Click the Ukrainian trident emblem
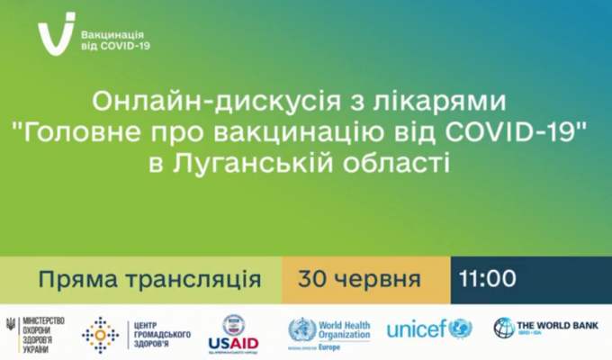point(11,326)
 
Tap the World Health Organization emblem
point(301,329)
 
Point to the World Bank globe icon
point(503,328)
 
